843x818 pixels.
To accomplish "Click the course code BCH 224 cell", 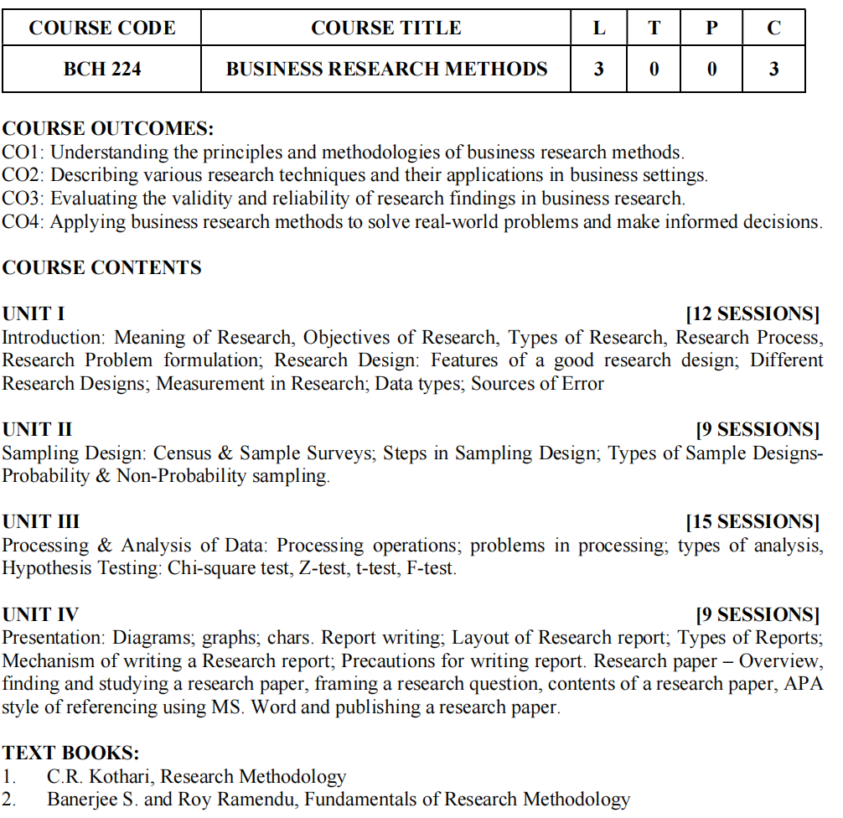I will (102, 69).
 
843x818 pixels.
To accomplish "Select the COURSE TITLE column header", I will (385, 28).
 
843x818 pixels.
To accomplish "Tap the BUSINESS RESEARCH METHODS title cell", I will (386, 69).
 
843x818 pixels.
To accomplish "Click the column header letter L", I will (598, 28).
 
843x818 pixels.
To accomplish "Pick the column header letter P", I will (711, 28).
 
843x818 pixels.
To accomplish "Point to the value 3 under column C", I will (773, 69).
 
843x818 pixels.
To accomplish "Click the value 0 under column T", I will (654, 69).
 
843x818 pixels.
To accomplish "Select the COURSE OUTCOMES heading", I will (108, 129).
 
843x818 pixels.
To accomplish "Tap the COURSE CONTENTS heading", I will (102, 268).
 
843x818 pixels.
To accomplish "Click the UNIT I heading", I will (34, 314).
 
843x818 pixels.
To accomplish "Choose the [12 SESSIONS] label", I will (752, 314).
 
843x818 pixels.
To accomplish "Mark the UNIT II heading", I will (38, 430).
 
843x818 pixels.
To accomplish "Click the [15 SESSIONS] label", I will (752, 522).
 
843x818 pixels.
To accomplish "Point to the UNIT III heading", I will (41, 522).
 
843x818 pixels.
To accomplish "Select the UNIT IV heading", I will (40, 614).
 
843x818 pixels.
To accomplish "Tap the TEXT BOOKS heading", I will (70, 753).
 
